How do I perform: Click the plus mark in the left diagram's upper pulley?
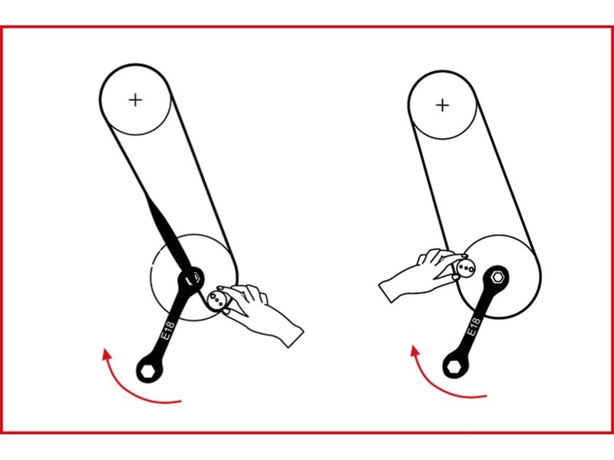[x=136, y=100]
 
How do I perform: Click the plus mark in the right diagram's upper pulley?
[x=443, y=105]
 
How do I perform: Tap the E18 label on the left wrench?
[x=168, y=331]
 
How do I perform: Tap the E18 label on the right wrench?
[x=474, y=327]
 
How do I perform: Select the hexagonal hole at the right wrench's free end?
[x=454, y=366]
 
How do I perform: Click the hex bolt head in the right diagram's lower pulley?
[x=497, y=277]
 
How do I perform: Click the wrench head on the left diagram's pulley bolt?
[x=191, y=278]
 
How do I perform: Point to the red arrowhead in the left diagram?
[x=105, y=355]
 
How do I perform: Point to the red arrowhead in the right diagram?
[x=414, y=351]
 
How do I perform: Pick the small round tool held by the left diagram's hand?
[x=216, y=301]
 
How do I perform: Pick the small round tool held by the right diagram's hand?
[x=466, y=268]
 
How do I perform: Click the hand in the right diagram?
[x=419, y=274]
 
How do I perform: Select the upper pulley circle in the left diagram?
[x=136, y=64]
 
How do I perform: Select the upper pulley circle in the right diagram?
[x=443, y=71]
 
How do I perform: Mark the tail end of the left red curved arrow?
[x=181, y=400]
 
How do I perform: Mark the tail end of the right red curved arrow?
[x=487, y=396]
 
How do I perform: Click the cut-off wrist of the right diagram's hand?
[x=385, y=294]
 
